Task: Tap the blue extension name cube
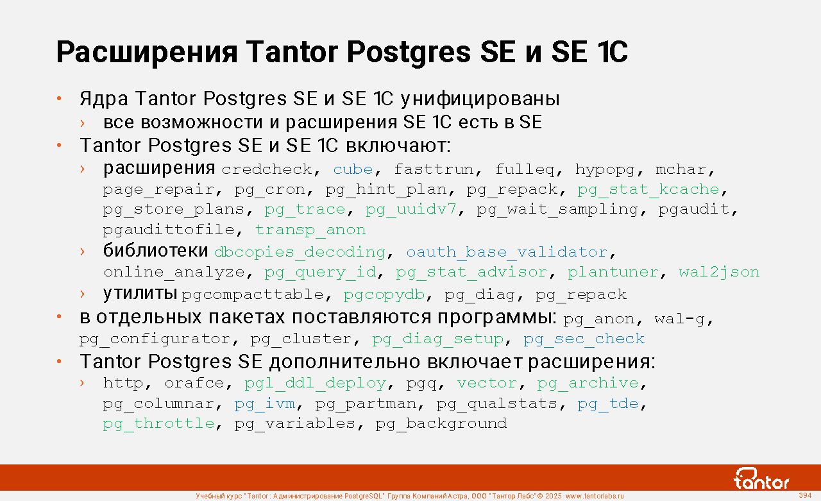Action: [x=353, y=169]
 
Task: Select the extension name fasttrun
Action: [x=434, y=169]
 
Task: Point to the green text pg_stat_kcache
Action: [x=648, y=189]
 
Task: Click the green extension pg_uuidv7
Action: [x=411, y=210]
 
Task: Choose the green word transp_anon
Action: [x=310, y=230]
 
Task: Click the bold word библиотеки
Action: [x=156, y=251]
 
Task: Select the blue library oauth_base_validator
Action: [x=507, y=252]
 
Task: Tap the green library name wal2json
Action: [x=719, y=272]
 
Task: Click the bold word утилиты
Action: [x=140, y=294]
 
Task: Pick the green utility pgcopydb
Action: [x=384, y=294]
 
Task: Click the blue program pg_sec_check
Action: [x=584, y=339]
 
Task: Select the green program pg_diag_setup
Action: [x=438, y=339]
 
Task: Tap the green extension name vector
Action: [x=487, y=384]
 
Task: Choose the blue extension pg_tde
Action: [x=607, y=403]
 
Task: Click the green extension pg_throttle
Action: [x=158, y=423]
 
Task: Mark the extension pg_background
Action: [x=441, y=423]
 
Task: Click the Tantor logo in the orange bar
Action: [x=761, y=479]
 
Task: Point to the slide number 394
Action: [x=805, y=495]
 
